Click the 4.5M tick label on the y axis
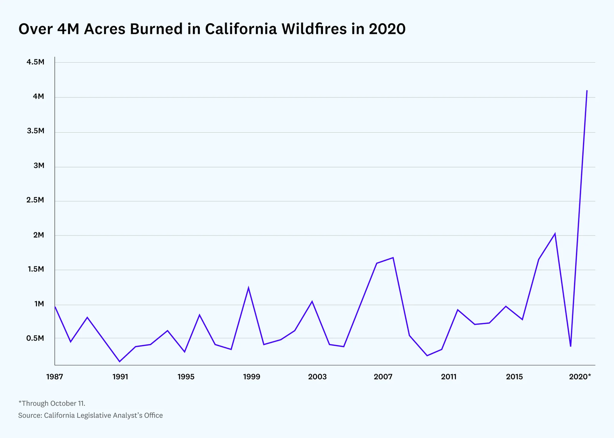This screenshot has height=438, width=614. [35, 62]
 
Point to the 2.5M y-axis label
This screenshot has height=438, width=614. [35, 200]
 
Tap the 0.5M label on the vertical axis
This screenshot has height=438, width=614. [35, 338]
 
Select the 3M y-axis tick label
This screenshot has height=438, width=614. [39, 166]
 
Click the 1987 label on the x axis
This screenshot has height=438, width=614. [55, 377]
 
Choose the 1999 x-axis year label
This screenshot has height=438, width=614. [252, 377]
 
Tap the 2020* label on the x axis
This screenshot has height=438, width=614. [580, 377]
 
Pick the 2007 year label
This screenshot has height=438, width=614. [383, 377]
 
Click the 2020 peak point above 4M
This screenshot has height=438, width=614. [587, 91]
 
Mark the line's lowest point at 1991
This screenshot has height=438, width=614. [120, 362]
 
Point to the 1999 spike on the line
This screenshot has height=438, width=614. [248, 288]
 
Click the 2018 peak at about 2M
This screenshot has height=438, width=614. [555, 234]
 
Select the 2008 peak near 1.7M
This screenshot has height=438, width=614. [393, 258]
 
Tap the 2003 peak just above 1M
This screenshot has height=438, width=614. [312, 301]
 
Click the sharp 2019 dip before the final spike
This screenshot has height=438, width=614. [571, 346]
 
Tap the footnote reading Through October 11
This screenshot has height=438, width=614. [52, 403]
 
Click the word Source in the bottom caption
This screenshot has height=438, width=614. [30, 415]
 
